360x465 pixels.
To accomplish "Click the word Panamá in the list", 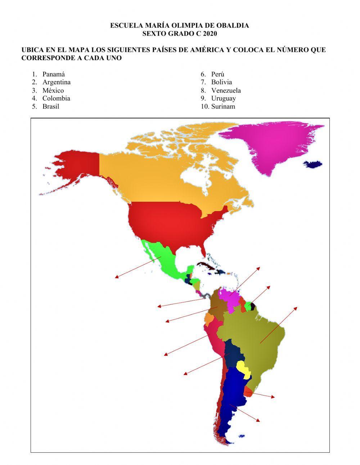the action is (54, 74).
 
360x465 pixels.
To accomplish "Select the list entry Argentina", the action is (57, 82).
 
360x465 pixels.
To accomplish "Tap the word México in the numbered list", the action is (53, 90).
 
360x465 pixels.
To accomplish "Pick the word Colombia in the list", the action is (56, 98).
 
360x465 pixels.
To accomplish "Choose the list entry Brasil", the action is (51, 107).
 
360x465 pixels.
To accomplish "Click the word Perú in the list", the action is (218, 74).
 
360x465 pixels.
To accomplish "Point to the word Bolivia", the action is (221, 82).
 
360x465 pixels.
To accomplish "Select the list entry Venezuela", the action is (226, 90).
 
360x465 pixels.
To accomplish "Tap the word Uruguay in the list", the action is (224, 98).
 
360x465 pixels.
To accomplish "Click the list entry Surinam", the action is (223, 107).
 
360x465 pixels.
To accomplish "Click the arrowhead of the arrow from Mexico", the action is (116, 277).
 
